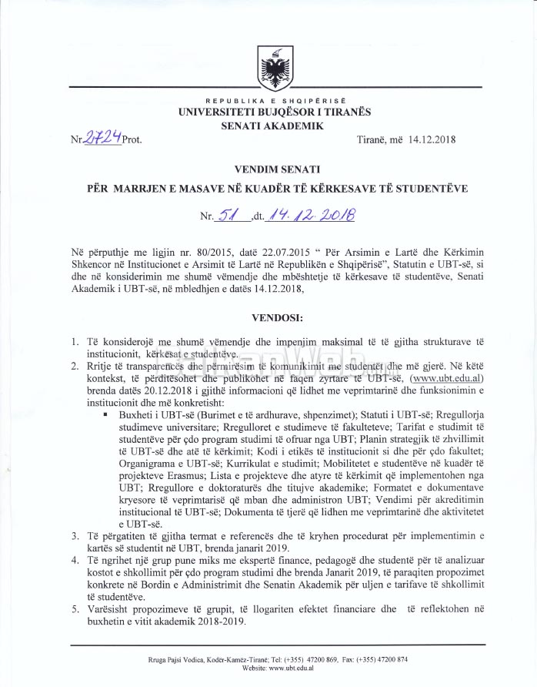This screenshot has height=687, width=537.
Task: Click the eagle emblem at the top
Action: coord(275,69)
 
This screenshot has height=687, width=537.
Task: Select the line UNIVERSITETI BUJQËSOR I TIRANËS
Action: coord(275,112)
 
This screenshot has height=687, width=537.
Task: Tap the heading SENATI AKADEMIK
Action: coord(275,126)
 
